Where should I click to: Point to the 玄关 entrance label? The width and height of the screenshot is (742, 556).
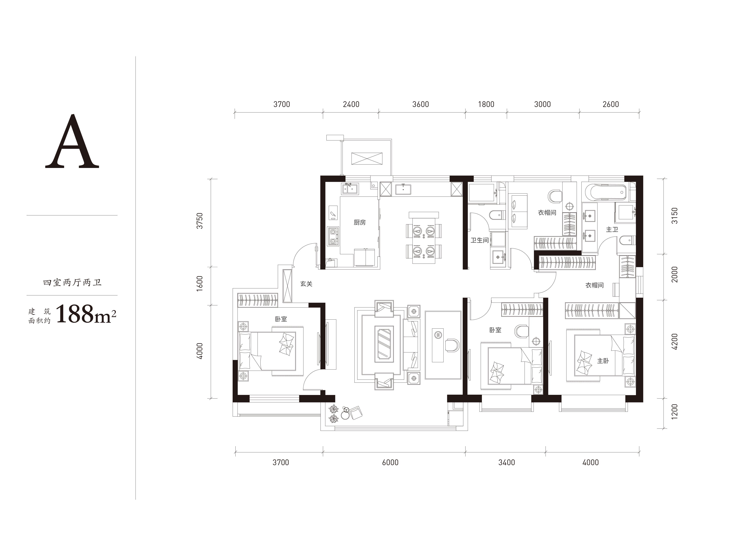pyautogui.click(x=306, y=284)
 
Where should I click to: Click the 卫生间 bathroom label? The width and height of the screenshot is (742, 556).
pyautogui.click(x=480, y=240)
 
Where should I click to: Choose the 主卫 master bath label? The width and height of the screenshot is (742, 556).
pyautogui.click(x=612, y=230)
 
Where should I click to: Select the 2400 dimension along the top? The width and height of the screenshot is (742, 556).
pyautogui.click(x=351, y=104)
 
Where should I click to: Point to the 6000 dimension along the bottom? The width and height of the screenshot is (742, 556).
pyautogui.click(x=390, y=463)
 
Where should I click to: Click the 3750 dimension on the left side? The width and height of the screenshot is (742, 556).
pyautogui.click(x=200, y=221)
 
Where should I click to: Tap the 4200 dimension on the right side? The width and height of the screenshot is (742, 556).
pyautogui.click(x=675, y=341)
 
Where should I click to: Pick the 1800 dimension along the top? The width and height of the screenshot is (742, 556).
pyautogui.click(x=486, y=104)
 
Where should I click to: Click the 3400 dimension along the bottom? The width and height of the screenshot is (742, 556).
pyautogui.click(x=507, y=463)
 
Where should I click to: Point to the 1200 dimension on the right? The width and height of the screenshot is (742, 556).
pyautogui.click(x=675, y=411)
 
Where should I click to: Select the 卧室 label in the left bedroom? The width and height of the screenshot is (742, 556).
pyautogui.click(x=281, y=319)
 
